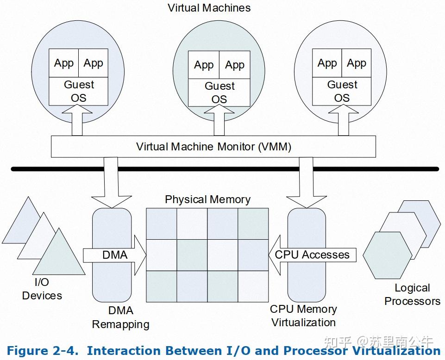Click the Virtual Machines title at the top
209,8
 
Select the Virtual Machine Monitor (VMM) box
213,147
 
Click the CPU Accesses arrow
312,255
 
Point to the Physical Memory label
207,199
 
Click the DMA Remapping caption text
120,317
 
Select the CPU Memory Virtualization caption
303,316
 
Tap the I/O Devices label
42,289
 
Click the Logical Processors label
412,295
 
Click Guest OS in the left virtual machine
79,91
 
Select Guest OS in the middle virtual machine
219,93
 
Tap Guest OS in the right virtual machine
342,91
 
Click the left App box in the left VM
64,63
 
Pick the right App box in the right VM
357,63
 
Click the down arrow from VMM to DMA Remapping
111,183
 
